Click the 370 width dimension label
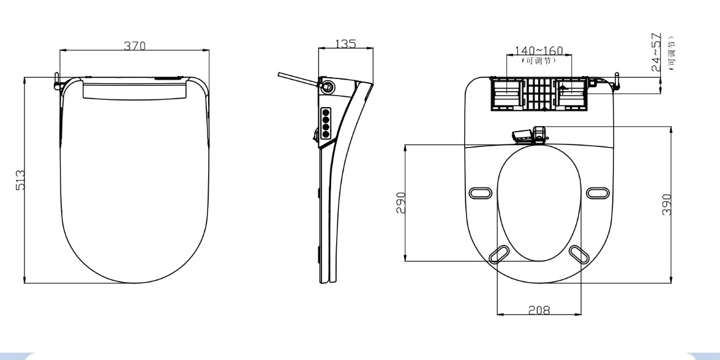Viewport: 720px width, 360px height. (x=135, y=45)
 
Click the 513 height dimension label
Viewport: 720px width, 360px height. (x=21, y=180)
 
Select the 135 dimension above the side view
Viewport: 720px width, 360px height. (x=346, y=43)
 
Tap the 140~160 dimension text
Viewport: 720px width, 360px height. (x=539, y=50)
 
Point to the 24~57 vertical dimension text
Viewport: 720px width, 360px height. (x=656, y=53)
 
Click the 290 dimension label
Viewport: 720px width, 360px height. (x=401, y=203)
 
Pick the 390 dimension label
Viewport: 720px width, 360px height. (x=667, y=204)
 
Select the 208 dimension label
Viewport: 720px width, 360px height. (x=539, y=310)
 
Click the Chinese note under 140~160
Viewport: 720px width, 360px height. (x=539, y=60)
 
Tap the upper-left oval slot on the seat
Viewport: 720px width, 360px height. (x=480, y=193)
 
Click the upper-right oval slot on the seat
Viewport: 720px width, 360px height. (x=598, y=193)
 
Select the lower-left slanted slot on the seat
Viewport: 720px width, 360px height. (x=500, y=255)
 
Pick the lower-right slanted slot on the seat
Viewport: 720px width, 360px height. (x=579, y=255)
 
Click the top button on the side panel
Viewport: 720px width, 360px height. (x=326, y=112)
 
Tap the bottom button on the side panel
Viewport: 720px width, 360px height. (x=326, y=133)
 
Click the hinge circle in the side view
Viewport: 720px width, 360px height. (x=329, y=86)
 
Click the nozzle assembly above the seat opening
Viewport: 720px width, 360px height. (x=530, y=135)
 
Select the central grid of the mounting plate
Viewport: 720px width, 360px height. (x=539, y=94)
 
